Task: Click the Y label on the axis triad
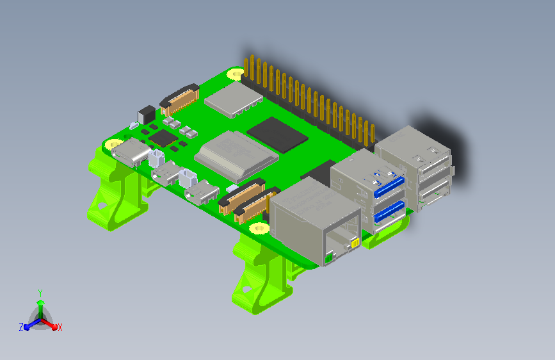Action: click(40, 293)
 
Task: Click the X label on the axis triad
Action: click(60, 327)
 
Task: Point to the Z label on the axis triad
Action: click(21, 327)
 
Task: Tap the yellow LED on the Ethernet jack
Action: click(355, 243)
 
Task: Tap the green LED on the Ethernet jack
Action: click(329, 258)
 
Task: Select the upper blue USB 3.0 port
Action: click(389, 187)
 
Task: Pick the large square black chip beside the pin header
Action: click(277, 135)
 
